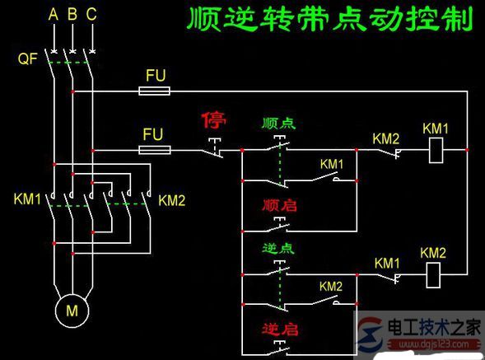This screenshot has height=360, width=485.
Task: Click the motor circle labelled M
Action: coord(72,311)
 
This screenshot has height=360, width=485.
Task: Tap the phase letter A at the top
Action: coord(54,14)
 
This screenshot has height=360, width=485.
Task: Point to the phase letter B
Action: coord(72,14)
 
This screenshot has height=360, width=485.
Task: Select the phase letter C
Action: coord(91,14)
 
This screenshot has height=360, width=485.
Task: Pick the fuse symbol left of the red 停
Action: coord(155,150)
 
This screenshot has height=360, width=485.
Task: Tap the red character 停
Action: coord(214,122)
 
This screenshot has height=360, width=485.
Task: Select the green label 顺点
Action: coord(278,124)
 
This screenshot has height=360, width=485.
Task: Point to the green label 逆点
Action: coord(278,248)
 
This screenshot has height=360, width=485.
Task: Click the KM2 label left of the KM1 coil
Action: coord(385,137)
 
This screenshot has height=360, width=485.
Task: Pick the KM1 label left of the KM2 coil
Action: coord(387,262)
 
